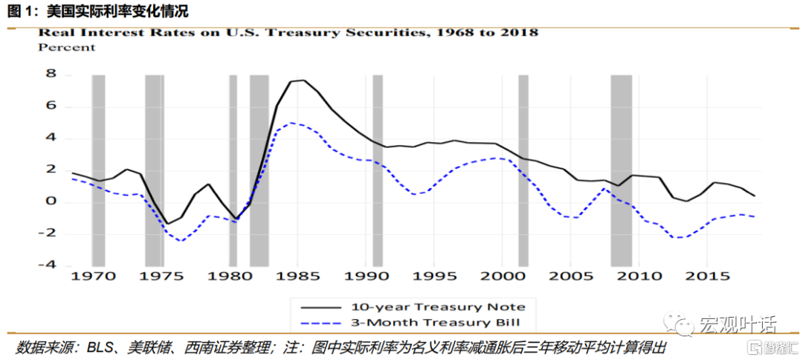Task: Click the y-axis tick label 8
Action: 51,74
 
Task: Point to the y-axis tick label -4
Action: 48,265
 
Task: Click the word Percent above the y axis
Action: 67,48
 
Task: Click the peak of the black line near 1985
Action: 303,80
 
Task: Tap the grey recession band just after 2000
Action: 523,170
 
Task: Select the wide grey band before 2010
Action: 621,170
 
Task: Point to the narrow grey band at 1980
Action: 233,170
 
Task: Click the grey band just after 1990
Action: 378,170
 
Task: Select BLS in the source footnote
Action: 100,348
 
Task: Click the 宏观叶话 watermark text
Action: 736,325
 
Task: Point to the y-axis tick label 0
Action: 51,202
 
